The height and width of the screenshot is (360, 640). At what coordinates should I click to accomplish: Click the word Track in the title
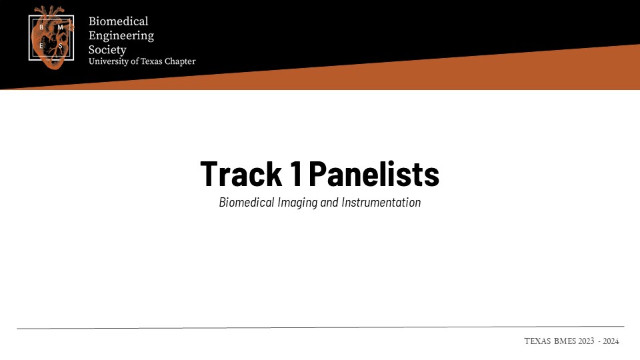coord(241,174)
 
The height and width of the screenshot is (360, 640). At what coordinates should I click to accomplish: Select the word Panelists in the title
coord(374,174)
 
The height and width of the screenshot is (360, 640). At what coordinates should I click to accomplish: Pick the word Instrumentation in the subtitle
coord(381,202)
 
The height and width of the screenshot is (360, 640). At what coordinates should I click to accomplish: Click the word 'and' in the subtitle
coord(329,203)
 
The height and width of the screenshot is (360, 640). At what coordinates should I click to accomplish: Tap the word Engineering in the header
coord(121,36)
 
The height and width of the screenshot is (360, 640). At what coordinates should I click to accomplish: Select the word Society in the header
coord(107,50)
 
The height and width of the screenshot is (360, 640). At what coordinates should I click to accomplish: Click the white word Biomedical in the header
coord(119,21)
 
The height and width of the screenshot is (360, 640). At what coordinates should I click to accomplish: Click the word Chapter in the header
coord(180,61)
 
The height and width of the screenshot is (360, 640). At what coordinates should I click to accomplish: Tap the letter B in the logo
coord(41,27)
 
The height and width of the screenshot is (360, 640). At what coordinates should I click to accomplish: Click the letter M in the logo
coord(61,27)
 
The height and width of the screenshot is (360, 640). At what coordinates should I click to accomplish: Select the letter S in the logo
coord(61,46)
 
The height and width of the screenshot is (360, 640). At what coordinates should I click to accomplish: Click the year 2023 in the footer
coord(586,341)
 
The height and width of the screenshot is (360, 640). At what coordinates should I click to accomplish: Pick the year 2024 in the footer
coord(611,341)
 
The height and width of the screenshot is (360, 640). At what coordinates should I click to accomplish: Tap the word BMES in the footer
coord(565,341)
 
